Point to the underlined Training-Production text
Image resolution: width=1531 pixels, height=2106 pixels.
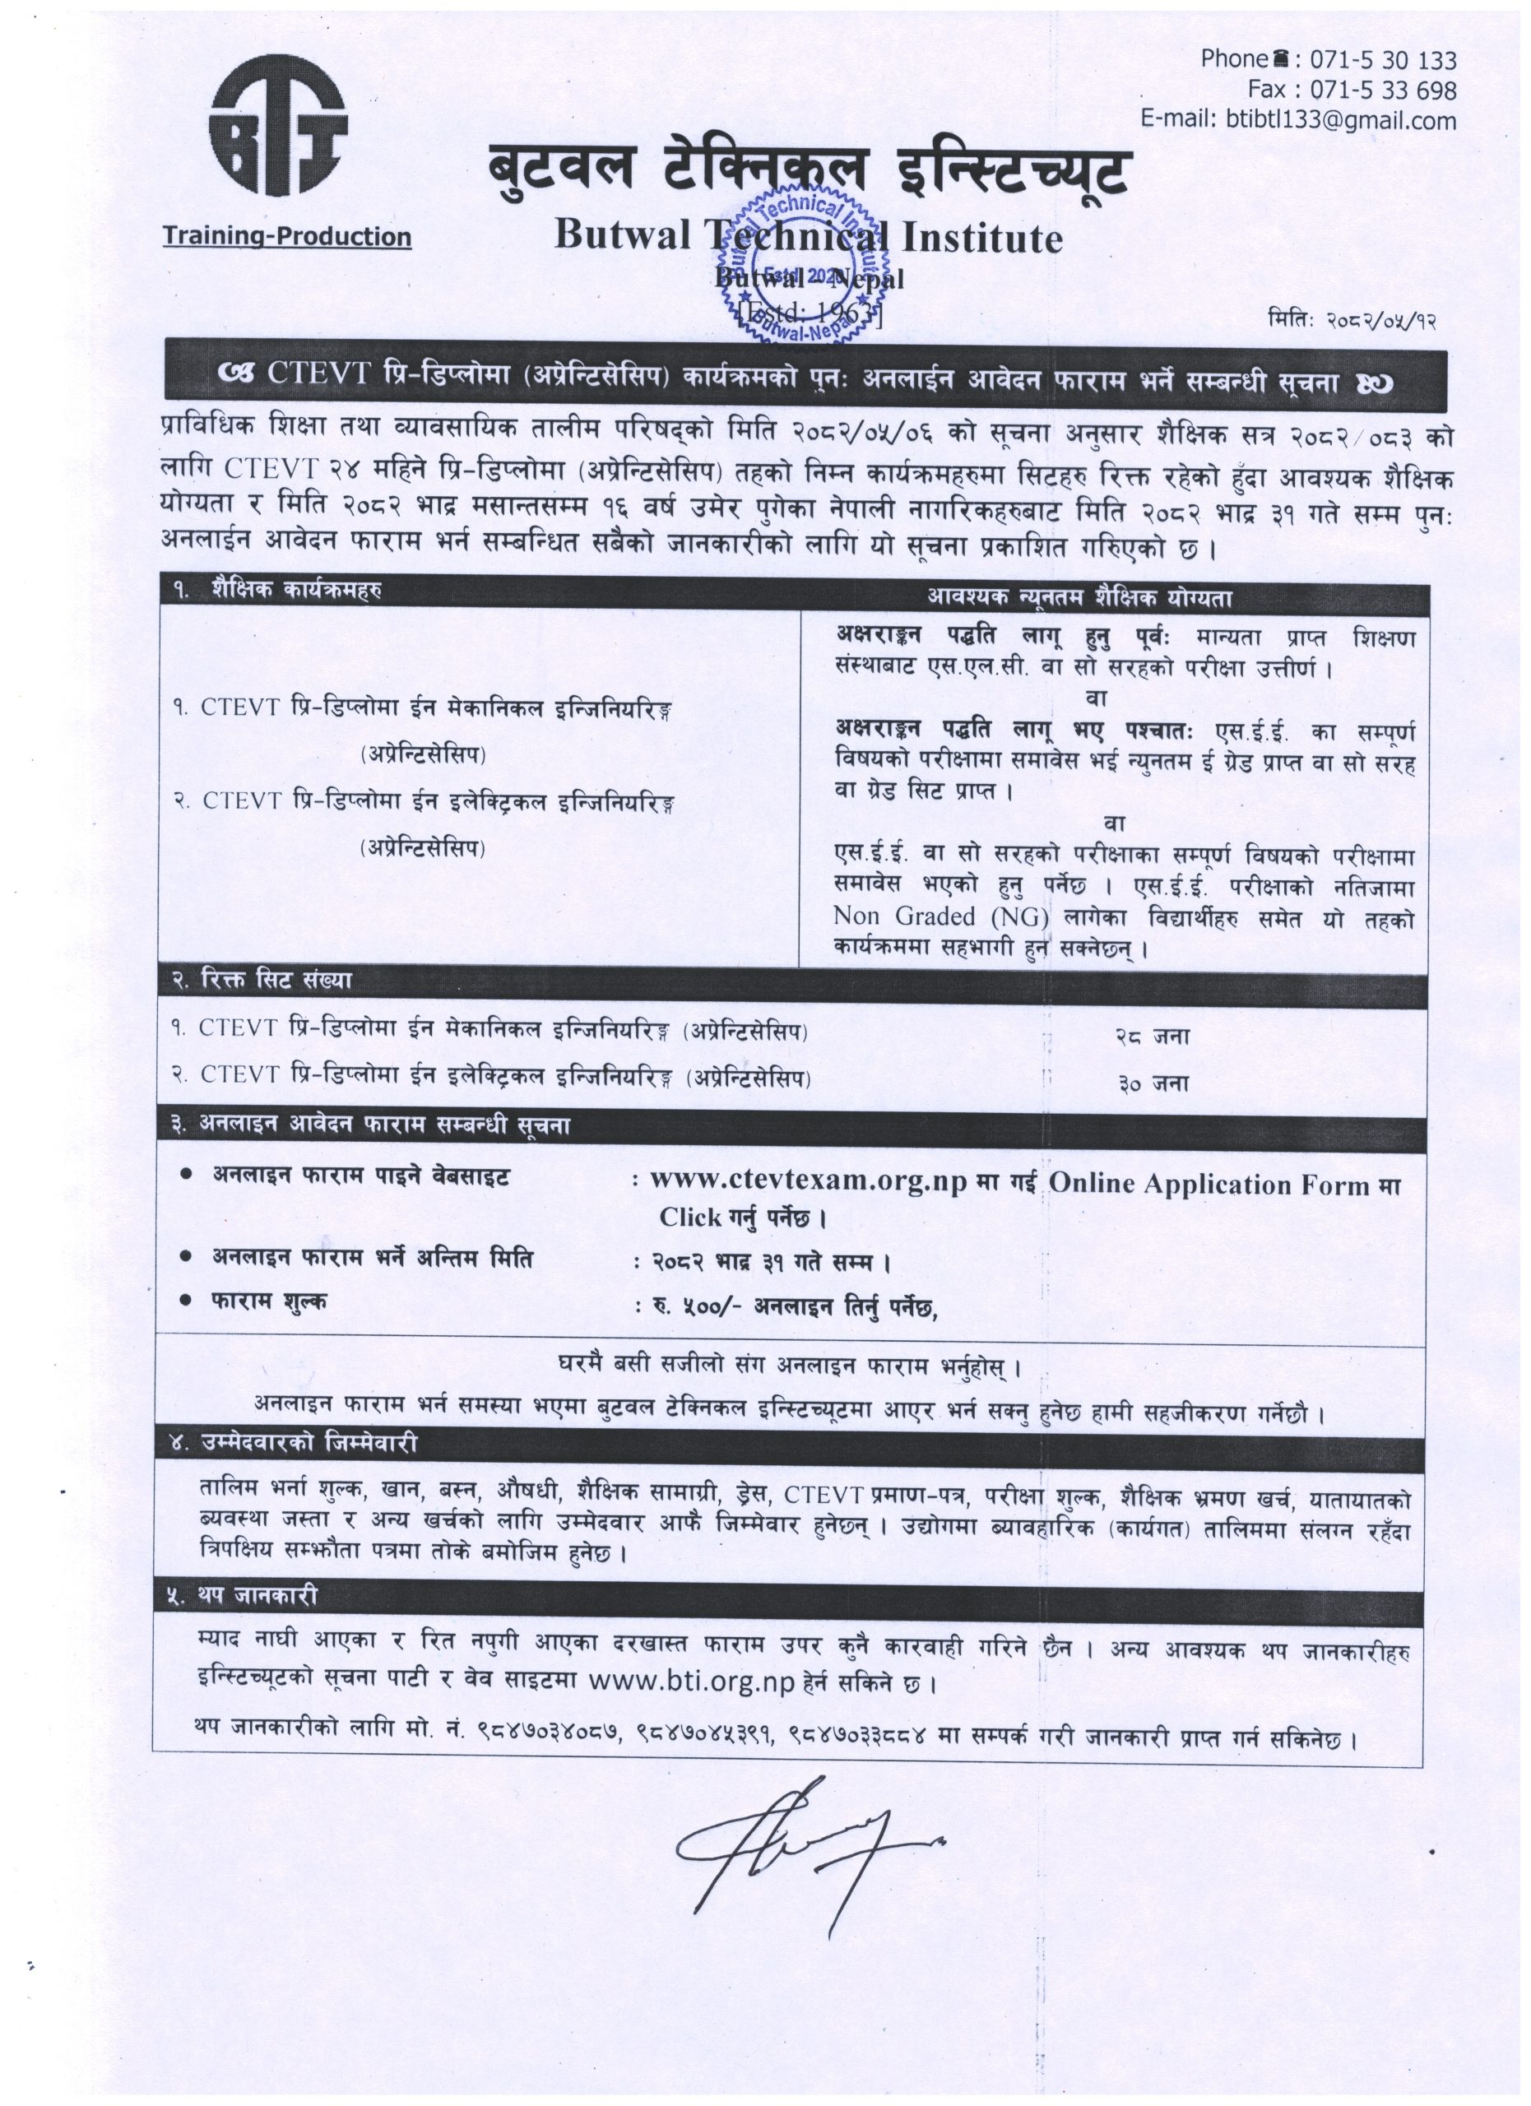tap(287, 236)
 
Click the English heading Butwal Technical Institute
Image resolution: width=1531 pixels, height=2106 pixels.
tap(808, 238)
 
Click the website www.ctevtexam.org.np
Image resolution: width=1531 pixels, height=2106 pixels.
tap(809, 1180)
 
